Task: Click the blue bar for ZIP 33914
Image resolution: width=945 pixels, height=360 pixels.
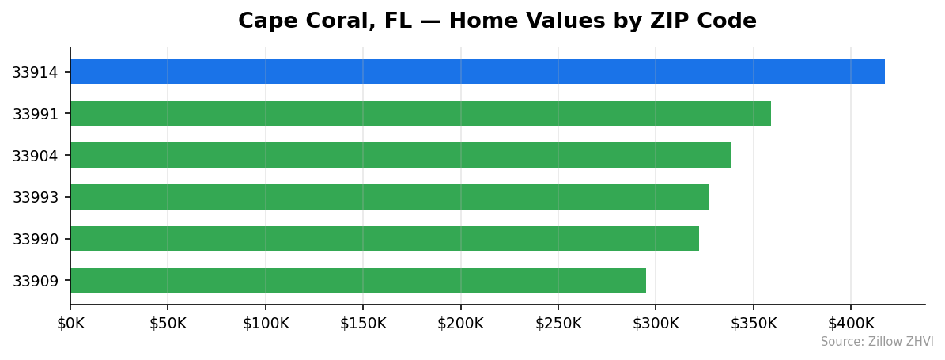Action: coord(477,72)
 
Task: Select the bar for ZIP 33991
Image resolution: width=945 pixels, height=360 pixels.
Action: coord(420,114)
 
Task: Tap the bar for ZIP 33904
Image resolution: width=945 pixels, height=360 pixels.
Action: coord(400,155)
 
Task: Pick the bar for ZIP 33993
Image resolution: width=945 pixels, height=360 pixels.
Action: coord(389,197)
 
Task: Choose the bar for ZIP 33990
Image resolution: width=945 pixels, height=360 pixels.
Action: coord(384,239)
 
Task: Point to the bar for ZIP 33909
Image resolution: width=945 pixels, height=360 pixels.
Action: coord(357,280)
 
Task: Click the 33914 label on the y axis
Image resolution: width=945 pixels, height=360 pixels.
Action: coord(35,73)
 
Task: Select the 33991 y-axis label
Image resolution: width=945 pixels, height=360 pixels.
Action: coord(35,115)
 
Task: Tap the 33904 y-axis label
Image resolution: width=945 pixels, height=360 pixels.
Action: coord(35,156)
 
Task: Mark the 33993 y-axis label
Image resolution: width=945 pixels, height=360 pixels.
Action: coord(35,198)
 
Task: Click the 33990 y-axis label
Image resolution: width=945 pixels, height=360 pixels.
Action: coord(35,239)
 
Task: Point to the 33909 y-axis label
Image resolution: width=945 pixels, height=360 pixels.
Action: coord(35,281)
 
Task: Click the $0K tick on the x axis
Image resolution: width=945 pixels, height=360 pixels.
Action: coord(70,324)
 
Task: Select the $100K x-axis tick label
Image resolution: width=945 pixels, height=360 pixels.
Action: coord(265,324)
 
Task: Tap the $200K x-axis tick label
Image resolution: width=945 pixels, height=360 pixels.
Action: coord(460,324)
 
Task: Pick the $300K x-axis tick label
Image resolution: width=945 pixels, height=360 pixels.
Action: coord(656,324)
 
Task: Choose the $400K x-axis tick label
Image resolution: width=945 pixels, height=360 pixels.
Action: coord(851,324)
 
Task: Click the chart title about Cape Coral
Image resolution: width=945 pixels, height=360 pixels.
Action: coord(497,21)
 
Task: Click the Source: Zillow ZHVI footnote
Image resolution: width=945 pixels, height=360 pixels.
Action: coord(876,342)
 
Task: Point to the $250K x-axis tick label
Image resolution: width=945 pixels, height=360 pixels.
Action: coord(558,324)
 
